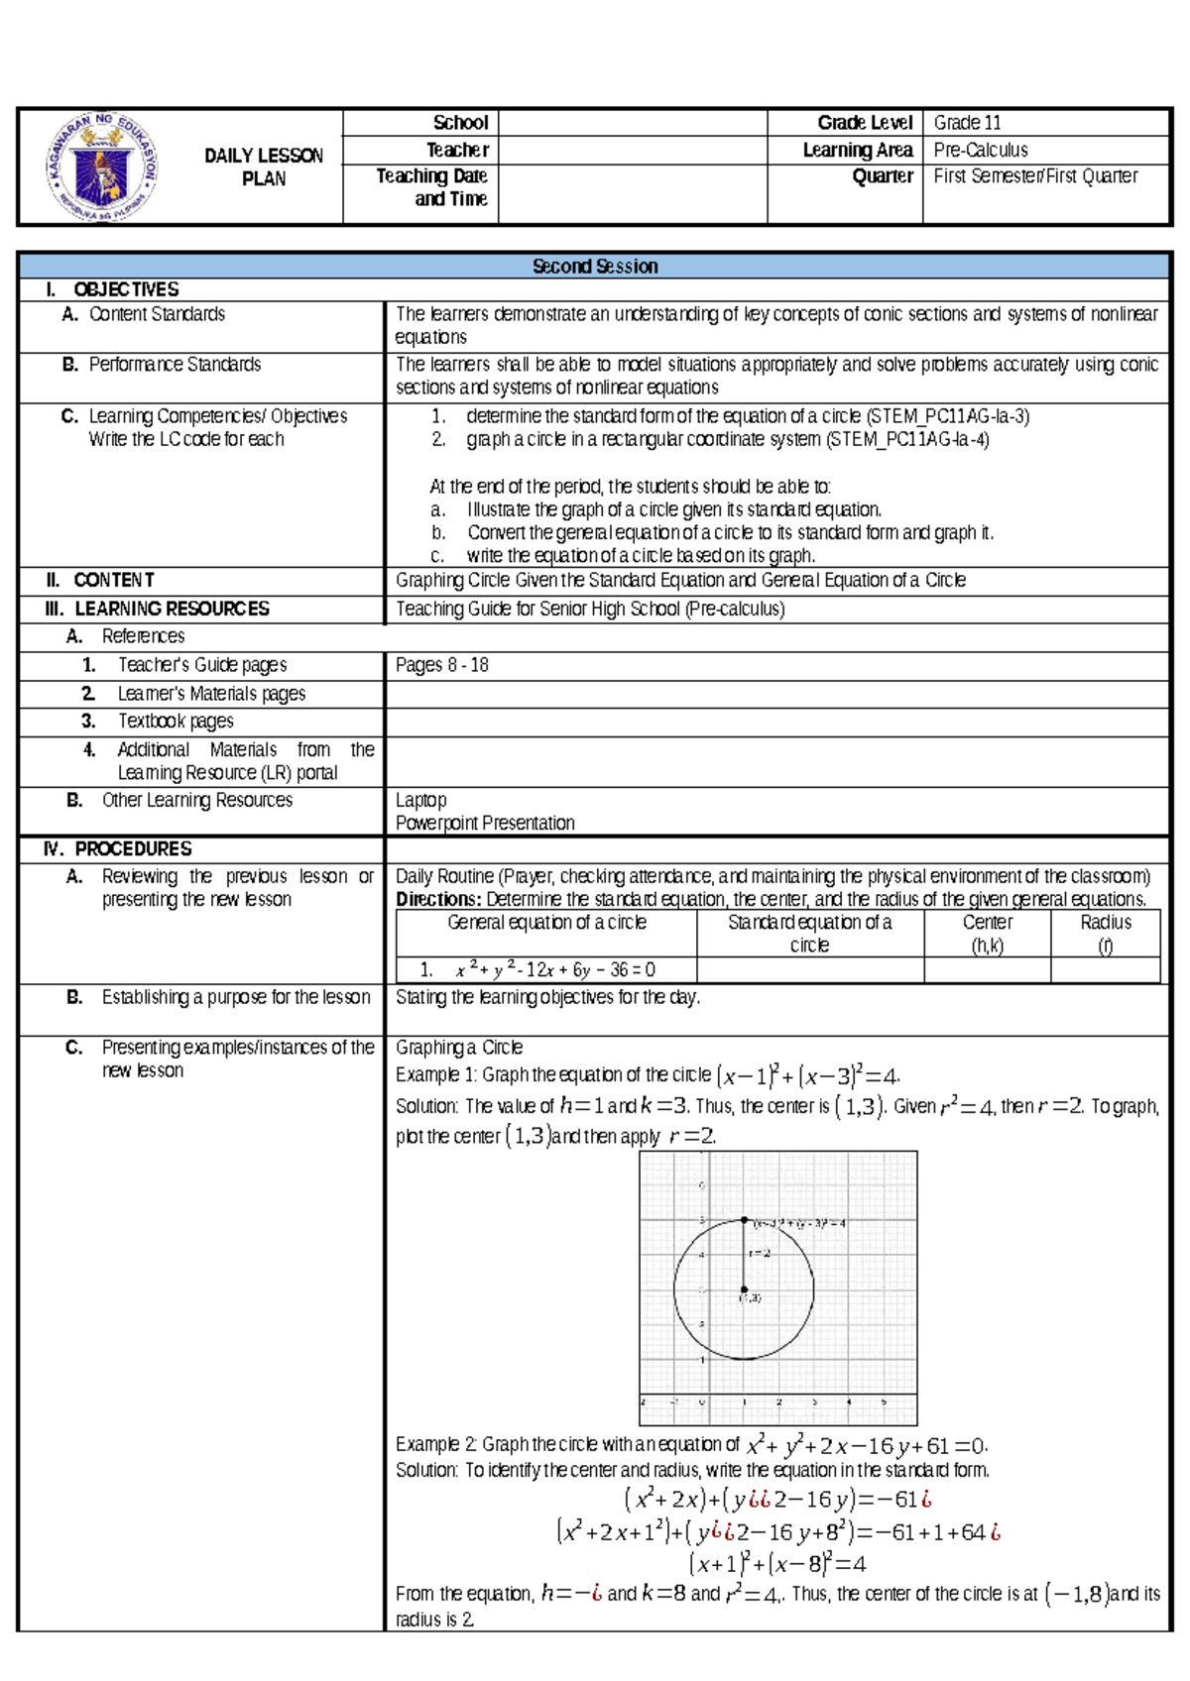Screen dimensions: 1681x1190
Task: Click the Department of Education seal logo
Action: (102, 167)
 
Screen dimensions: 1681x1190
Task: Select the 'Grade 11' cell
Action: (967, 123)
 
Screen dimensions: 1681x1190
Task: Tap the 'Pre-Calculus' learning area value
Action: (981, 150)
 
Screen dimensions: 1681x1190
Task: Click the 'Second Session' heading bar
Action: (594, 266)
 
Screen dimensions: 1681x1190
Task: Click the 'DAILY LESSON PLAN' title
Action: (264, 167)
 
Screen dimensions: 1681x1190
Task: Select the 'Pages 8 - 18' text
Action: (442, 665)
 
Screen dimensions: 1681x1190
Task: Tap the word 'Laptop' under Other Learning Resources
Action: (421, 800)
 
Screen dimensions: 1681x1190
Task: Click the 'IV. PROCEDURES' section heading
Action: (118, 848)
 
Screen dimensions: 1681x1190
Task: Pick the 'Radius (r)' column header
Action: (1105, 933)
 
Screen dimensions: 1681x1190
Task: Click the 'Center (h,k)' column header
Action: (987, 933)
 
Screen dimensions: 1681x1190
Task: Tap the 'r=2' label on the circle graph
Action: (760, 1254)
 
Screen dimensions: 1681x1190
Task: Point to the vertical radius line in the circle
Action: (744, 1255)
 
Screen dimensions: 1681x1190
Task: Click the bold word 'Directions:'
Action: (437, 899)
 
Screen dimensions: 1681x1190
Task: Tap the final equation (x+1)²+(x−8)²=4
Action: (777, 1564)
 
